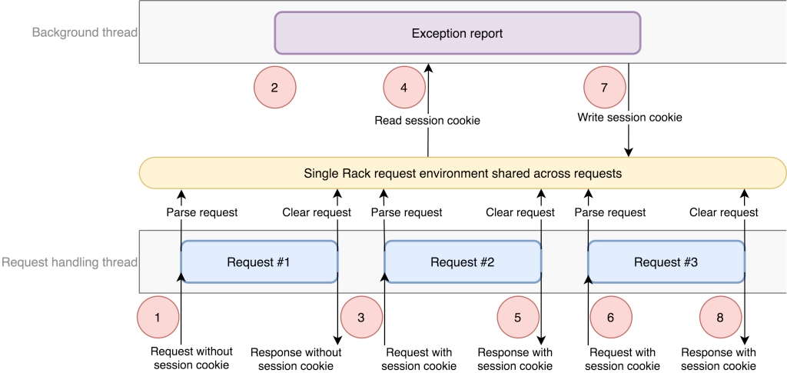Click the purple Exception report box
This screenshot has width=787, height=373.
(457, 33)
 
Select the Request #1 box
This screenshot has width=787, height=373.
(258, 262)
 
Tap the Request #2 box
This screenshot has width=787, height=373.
(462, 262)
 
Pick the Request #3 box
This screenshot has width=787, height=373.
(666, 262)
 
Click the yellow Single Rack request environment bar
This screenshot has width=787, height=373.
(462, 173)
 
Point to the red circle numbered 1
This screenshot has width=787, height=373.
(158, 318)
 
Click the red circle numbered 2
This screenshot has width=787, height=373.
(274, 88)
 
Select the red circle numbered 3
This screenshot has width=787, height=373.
(361, 318)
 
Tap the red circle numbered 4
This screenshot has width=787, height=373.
(404, 88)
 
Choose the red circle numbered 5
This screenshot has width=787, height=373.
(518, 318)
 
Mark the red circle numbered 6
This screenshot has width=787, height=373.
(611, 318)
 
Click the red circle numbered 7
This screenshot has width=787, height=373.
(604, 88)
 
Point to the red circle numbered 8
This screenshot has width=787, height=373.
(720, 318)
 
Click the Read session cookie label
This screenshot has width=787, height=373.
(427, 121)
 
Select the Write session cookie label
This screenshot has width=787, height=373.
(629, 118)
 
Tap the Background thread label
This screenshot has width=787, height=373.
(85, 32)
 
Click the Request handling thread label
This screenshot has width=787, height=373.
(70, 262)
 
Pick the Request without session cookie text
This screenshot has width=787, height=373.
(191, 358)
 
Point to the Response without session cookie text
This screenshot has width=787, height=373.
(296, 358)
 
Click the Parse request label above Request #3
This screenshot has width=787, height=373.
(609, 212)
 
